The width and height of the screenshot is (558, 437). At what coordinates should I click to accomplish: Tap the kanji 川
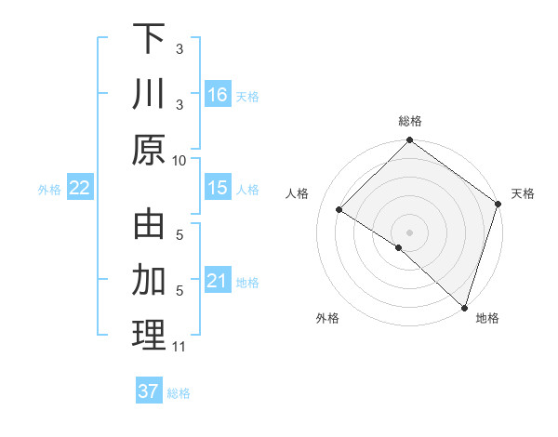coord(149,95)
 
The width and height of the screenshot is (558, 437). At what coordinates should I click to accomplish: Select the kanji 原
coord(149,150)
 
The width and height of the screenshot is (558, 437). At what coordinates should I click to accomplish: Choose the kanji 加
coord(149,280)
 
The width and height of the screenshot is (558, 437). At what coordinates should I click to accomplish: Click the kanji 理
coord(149,336)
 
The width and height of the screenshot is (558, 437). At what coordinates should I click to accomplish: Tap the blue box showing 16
coord(218,94)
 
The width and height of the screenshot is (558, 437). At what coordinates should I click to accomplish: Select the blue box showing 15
coord(218,188)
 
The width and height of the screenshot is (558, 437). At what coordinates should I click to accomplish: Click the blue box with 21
coord(218,281)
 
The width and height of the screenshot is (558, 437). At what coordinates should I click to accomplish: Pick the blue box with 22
coord(80,188)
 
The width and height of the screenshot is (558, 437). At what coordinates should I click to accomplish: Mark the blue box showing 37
coord(148,391)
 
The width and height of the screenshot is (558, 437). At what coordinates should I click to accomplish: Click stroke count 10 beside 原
coord(179,160)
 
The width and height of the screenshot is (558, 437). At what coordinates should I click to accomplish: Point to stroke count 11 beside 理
coord(179,347)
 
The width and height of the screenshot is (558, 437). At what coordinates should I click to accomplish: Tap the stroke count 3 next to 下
coord(179,48)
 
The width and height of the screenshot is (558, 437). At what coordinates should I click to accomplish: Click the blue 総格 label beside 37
coord(179,393)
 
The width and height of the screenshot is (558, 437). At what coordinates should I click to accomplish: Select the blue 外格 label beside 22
coord(49,190)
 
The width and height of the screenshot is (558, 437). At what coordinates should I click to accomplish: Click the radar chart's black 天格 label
coord(523,193)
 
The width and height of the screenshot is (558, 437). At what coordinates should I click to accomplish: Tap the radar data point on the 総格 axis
coord(409,141)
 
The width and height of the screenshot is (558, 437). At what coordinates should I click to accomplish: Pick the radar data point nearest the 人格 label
coord(339,210)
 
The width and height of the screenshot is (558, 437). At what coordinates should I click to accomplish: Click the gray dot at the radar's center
coord(409,232)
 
